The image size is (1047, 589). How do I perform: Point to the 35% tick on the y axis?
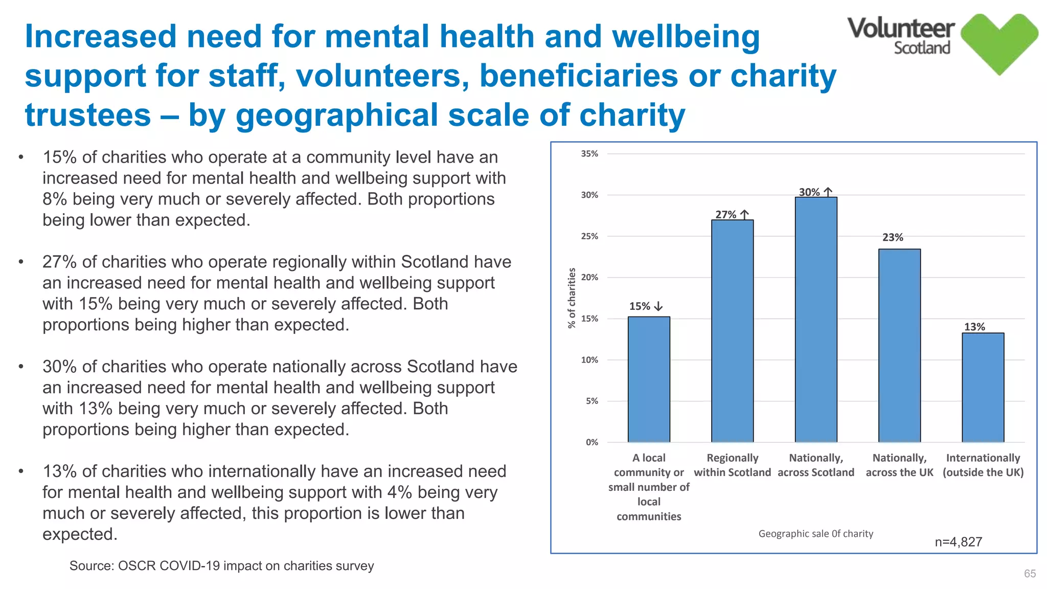pyautogui.click(x=589, y=154)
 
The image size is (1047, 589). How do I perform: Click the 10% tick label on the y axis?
pyautogui.click(x=589, y=360)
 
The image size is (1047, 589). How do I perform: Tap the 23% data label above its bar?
pyautogui.click(x=893, y=238)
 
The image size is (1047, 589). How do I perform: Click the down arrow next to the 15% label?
pyautogui.click(x=658, y=306)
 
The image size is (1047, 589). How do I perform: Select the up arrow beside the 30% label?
pyautogui.click(x=828, y=192)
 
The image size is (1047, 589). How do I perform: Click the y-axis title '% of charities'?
pyautogui.click(x=572, y=298)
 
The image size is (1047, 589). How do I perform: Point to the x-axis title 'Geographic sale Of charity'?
pyautogui.click(x=815, y=534)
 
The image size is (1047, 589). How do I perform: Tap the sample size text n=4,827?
pyautogui.click(x=958, y=542)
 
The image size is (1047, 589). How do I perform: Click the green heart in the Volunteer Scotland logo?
pyautogui.click(x=999, y=43)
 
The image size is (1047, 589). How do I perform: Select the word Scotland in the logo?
pyautogui.click(x=922, y=48)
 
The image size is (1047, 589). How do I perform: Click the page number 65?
pyautogui.click(x=1030, y=574)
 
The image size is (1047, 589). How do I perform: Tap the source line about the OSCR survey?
pyautogui.click(x=221, y=566)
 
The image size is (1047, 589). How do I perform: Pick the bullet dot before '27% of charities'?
pyautogui.click(x=21, y=262)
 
